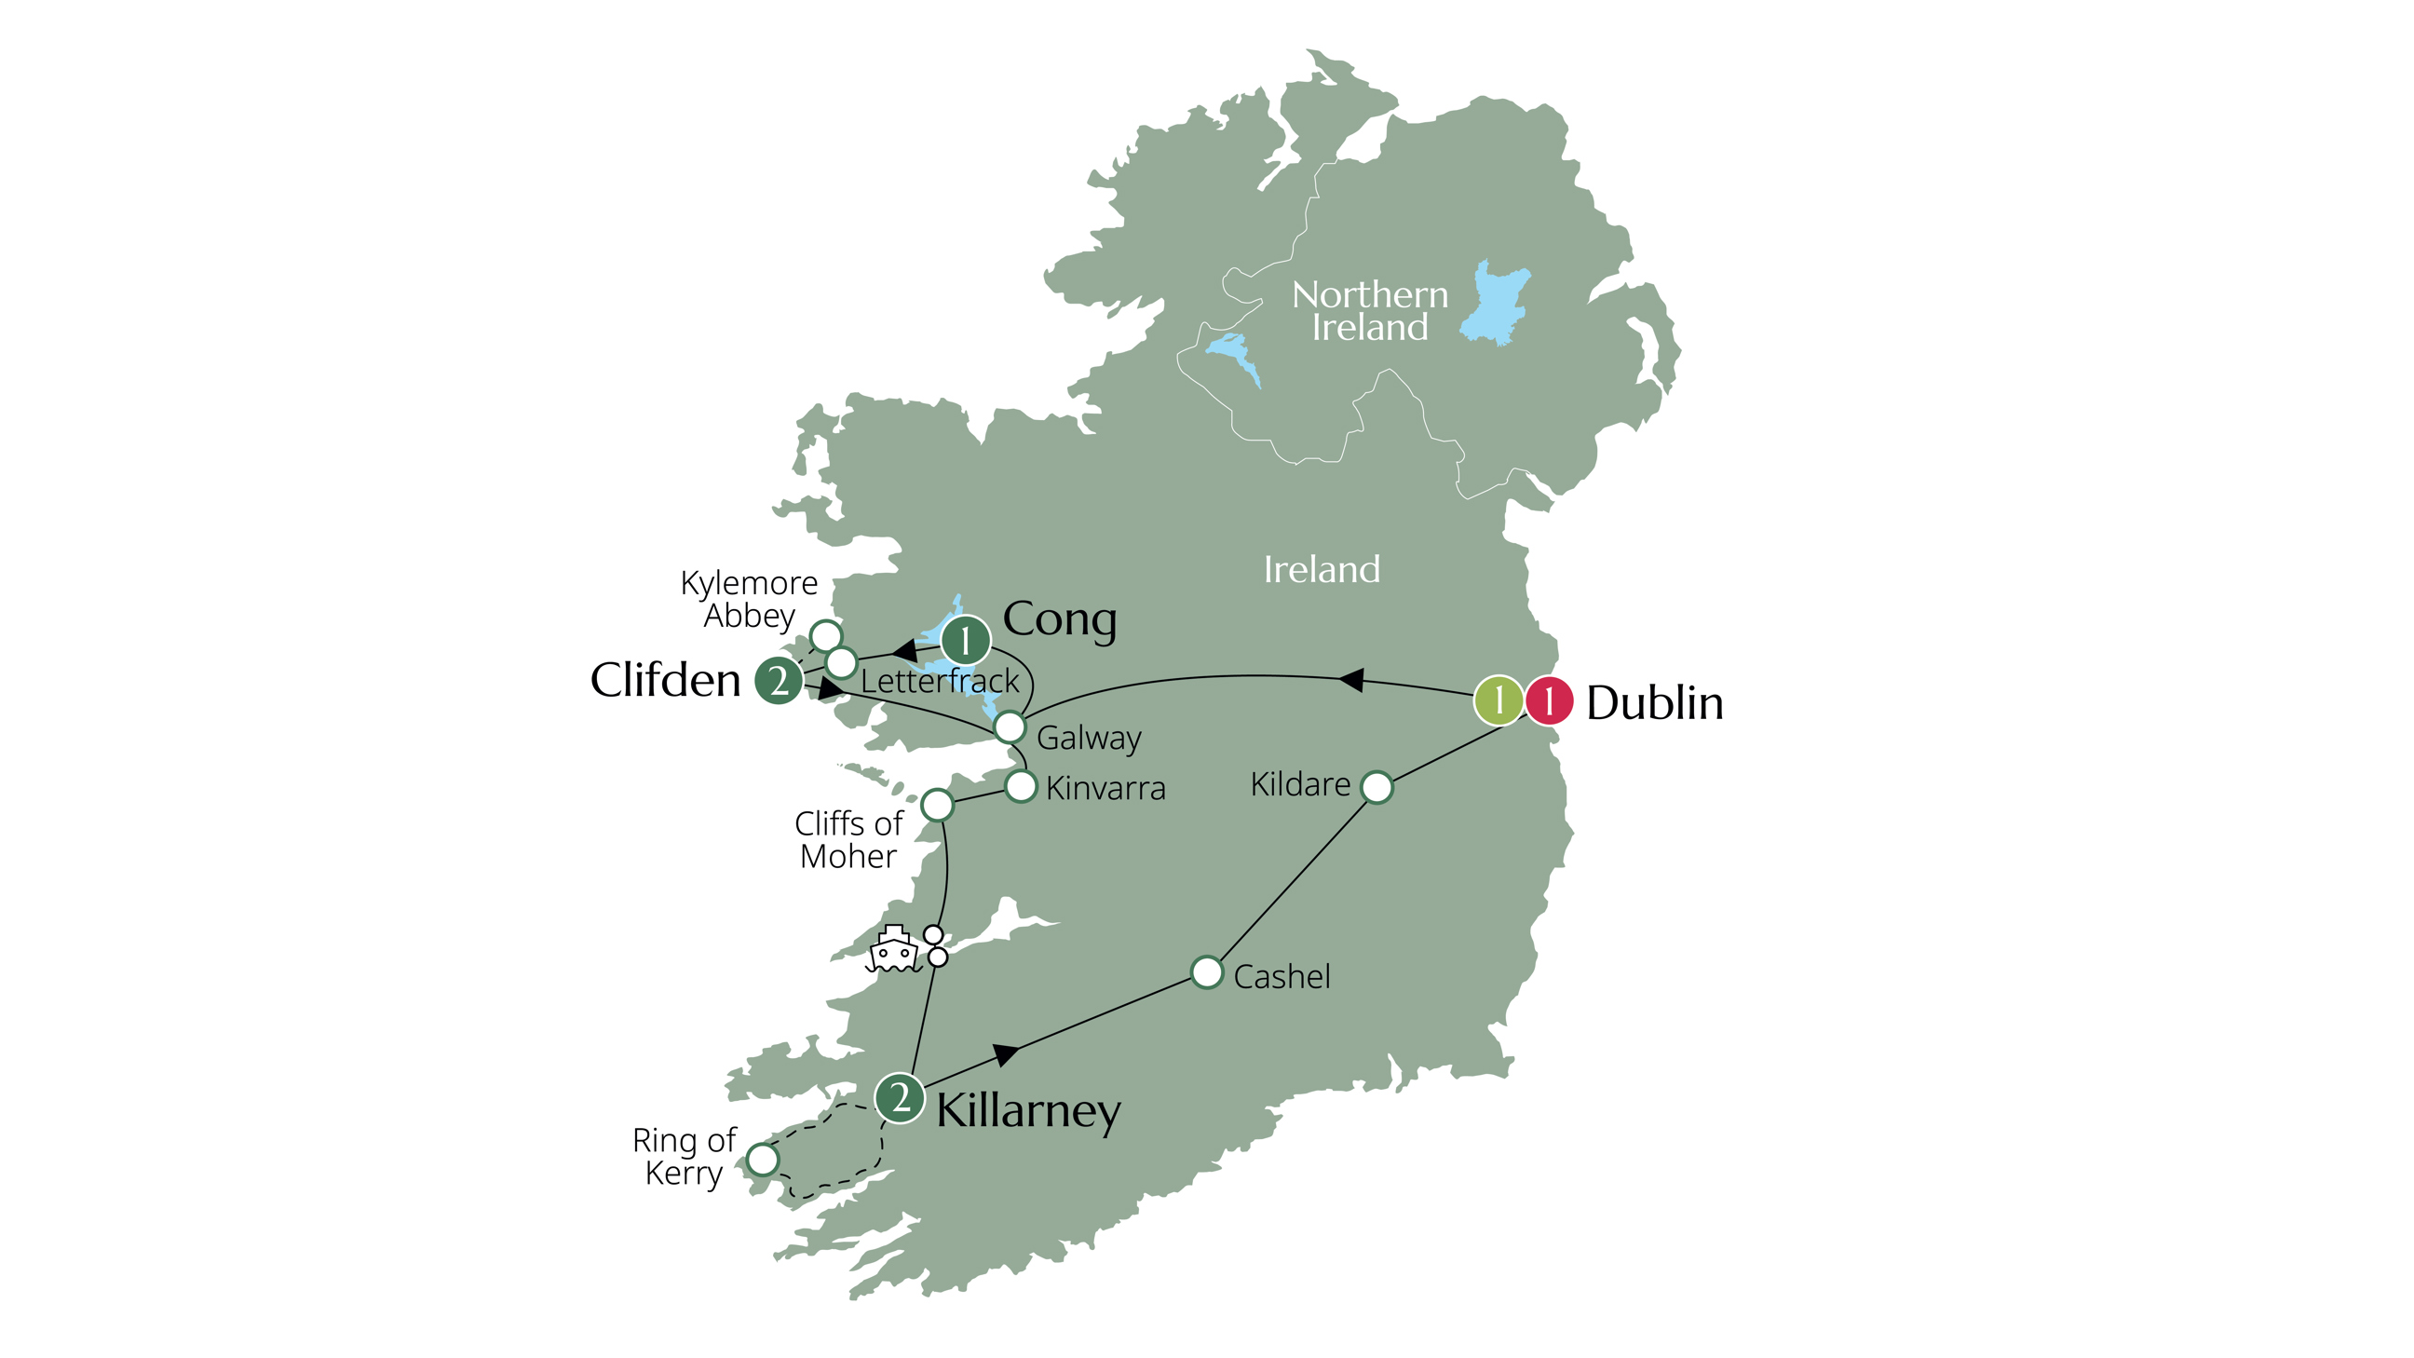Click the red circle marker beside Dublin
[x=1548, y=700]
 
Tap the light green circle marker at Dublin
[x=1498, y=700]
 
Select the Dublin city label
[x=1654, y=703]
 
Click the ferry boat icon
[x=893, y=949]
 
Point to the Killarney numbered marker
[x=900, y=1097]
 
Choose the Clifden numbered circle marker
[x=779, y=681]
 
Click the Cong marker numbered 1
[x=965, y=641]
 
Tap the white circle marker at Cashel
[x=1207, y=972]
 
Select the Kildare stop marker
[x=1376, y=787]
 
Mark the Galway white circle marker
[x=1010, y=727]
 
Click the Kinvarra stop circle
[x=1021, y=786]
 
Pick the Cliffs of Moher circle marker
[x=937, y=805]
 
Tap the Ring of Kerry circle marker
[x=763, y=1161]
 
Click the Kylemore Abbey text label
[x=749, y=600]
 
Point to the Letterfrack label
[x=939, y=682]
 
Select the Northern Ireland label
[x=1369, y=311]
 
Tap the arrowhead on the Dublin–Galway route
[x=1350, y=680]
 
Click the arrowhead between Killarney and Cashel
[x=1006, y=1053]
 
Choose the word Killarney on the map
[x=1028, y=1111]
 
